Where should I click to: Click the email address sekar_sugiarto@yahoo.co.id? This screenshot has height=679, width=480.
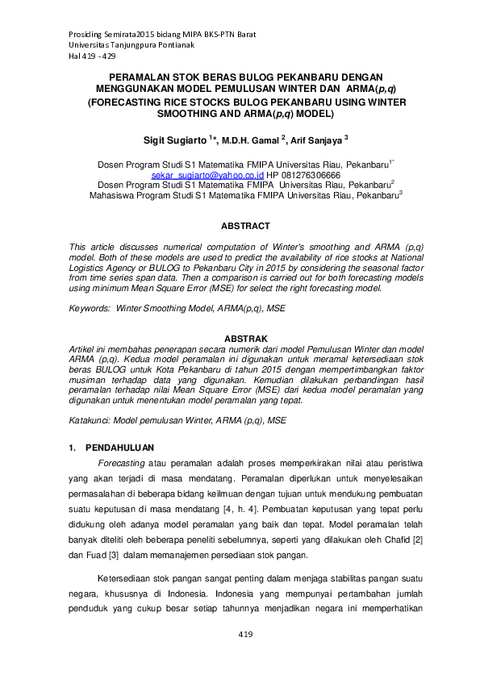click(x=207, y=174)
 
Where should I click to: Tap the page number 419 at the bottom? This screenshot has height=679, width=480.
click(x=246, y=635)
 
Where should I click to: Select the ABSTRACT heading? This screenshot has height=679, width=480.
click(x=245, y=226)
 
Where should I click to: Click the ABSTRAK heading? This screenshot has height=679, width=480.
click(x=245, y=338)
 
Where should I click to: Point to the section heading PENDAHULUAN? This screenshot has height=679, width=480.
click(x=120, y=448)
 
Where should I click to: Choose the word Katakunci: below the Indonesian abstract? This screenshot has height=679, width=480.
click(x=90, y=420)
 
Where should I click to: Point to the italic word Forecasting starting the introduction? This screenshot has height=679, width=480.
click(x=121, y=464)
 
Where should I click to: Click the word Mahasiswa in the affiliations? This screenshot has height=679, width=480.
click(x=113, y=194)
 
